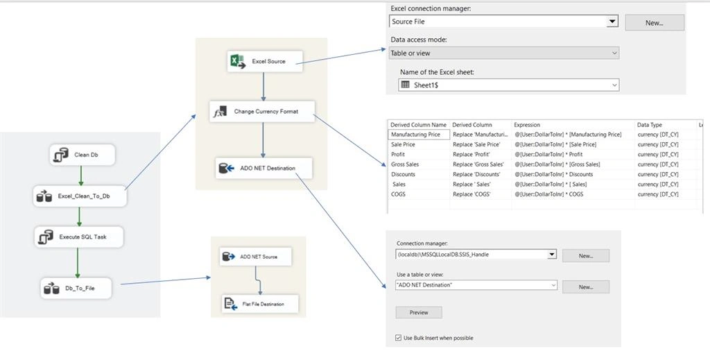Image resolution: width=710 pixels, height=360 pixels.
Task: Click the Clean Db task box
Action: [83, 155]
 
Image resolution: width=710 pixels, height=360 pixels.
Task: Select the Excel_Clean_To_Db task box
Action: [80, 196]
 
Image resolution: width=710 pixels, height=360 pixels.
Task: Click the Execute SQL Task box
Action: [79, 237]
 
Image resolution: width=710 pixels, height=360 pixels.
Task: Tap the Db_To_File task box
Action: [76, 288]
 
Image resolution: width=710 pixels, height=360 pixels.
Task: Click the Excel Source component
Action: [265, 61]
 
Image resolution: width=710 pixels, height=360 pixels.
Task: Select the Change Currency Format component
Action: [261, 112]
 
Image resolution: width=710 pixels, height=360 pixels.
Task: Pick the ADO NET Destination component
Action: [263, 168]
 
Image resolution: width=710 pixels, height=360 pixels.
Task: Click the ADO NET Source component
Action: [256, 257]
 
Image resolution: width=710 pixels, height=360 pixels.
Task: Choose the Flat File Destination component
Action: [260, 304]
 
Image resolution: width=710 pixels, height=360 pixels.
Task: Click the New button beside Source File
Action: [655, 23]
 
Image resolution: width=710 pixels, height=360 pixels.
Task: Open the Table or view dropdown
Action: [504, 53]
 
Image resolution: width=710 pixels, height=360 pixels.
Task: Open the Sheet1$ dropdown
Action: [508, 85]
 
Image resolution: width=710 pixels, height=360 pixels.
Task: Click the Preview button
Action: [419, 312]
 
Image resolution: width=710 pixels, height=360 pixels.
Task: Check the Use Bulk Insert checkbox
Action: [399, 338]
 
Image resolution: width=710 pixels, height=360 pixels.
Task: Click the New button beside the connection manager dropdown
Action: [585, 256]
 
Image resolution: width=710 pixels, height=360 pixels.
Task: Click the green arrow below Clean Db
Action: [81, 175]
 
